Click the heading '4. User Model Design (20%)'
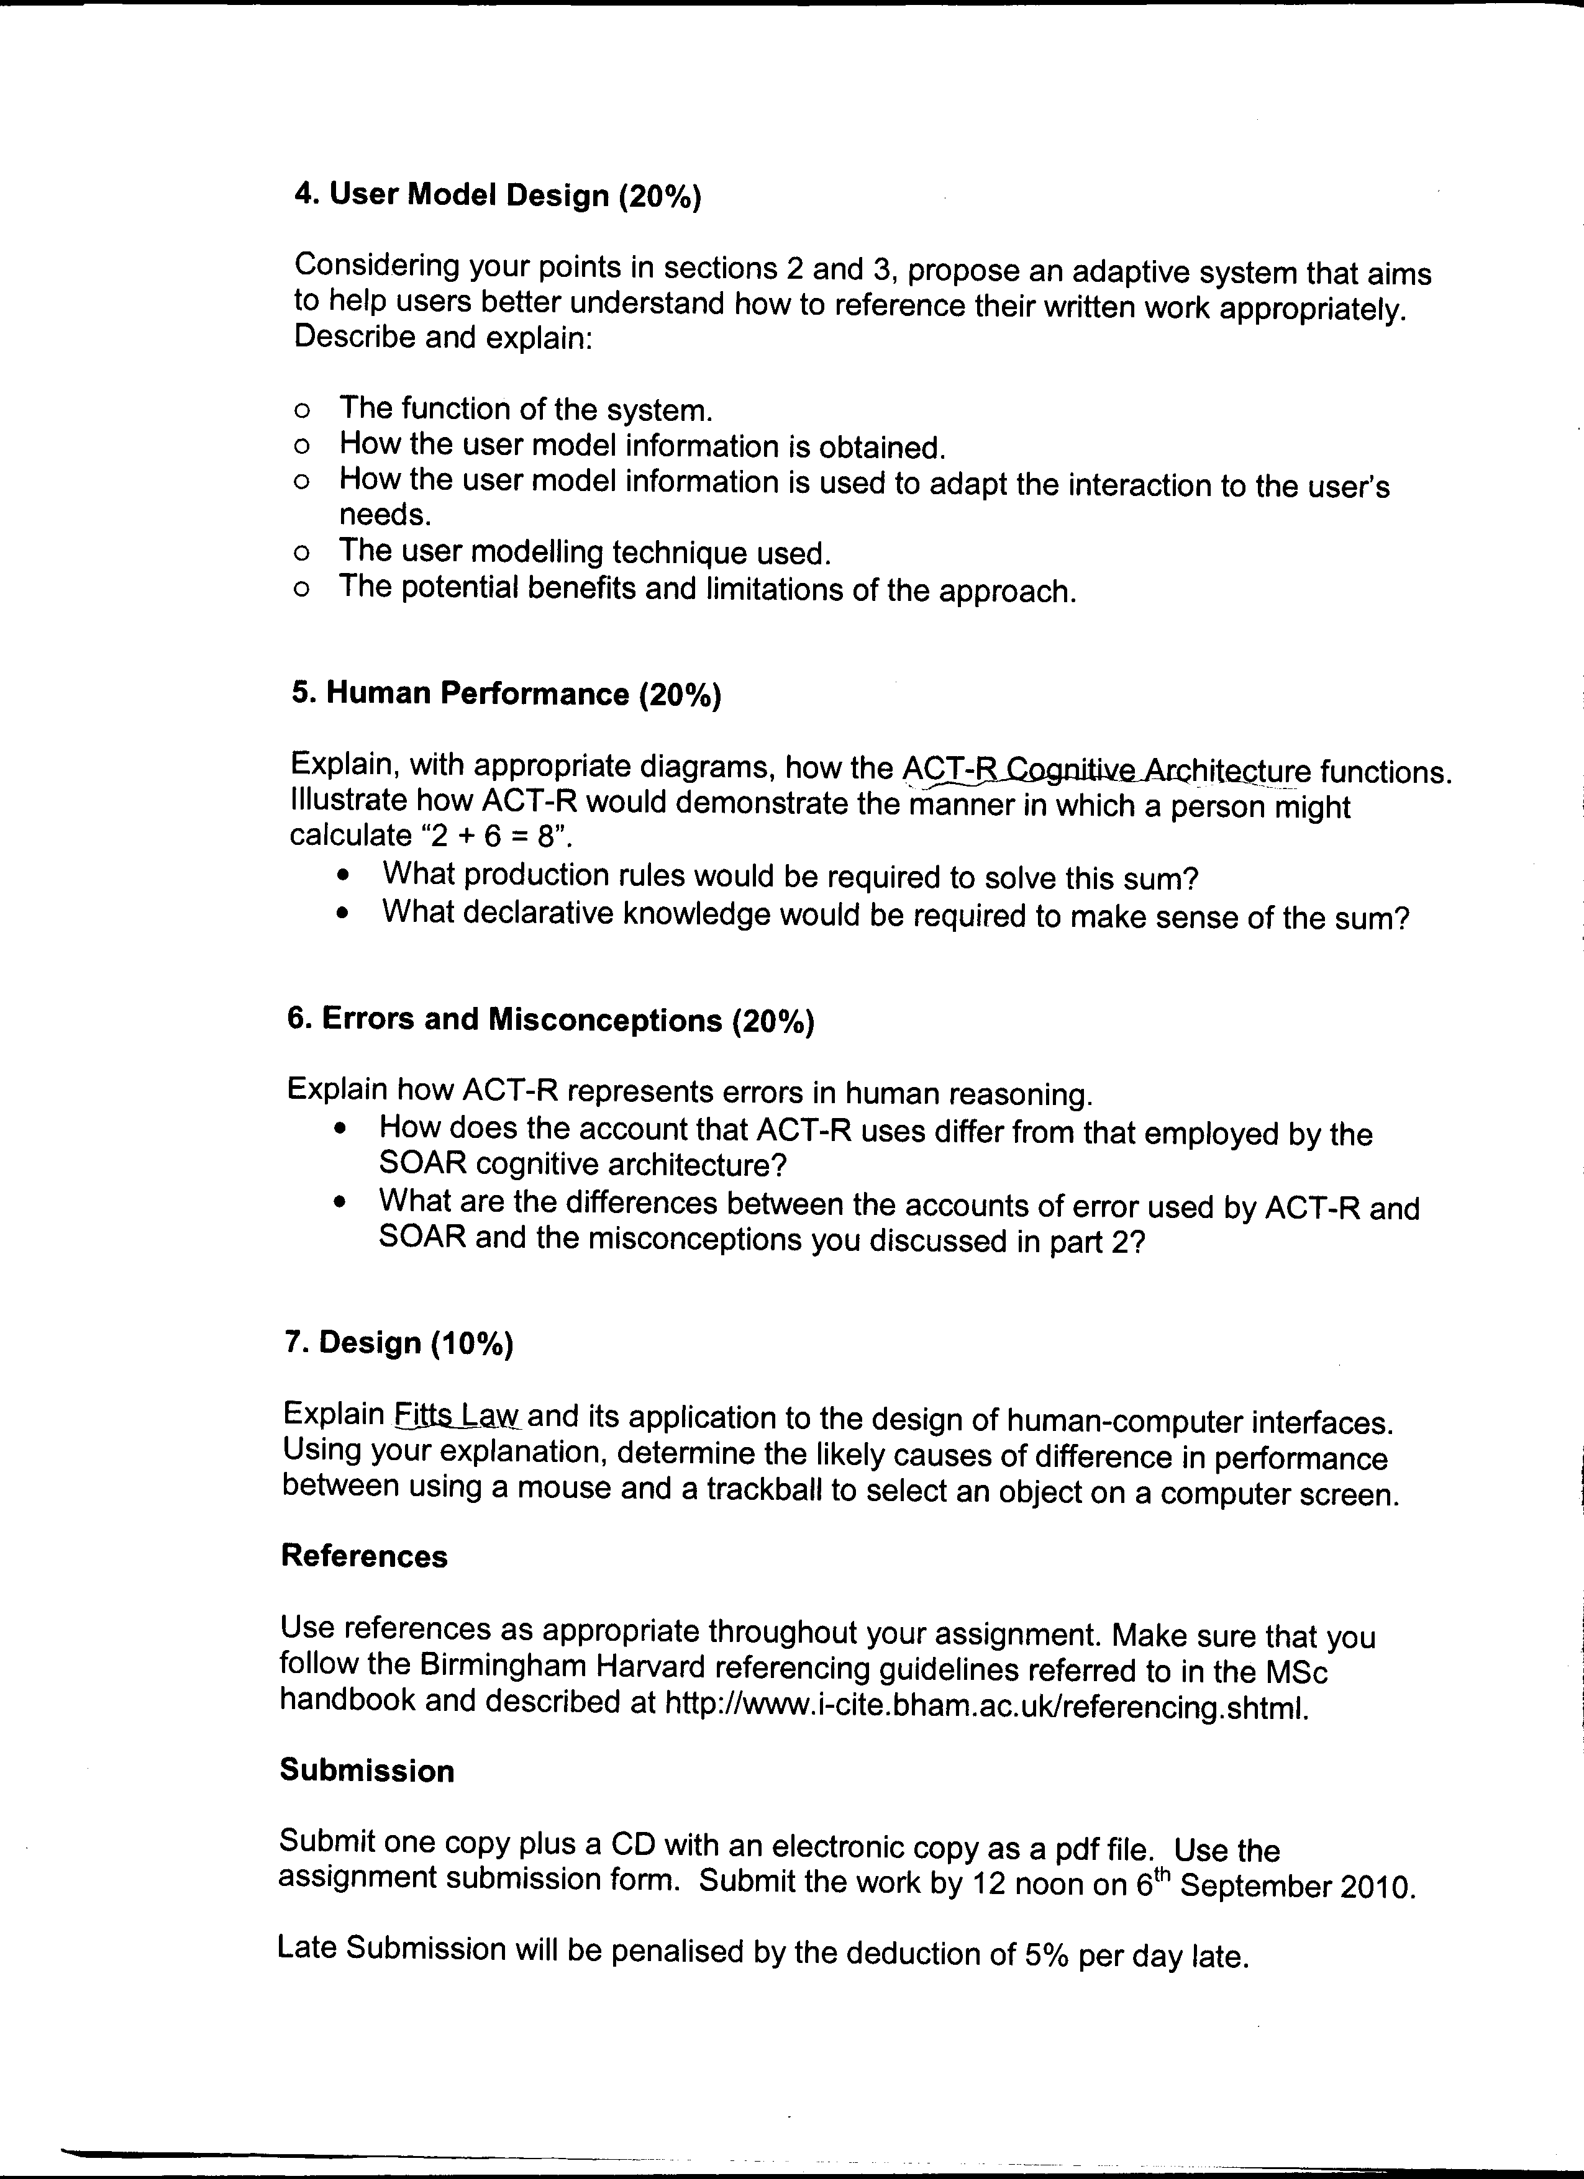coord(498,195)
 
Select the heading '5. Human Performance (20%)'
coord(506,693)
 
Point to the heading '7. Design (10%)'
coord(399,1343)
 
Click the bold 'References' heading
coord(364,1556)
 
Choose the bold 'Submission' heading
coord(367,1771)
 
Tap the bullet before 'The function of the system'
coord(303,411)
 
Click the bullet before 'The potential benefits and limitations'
coord(302,590)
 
